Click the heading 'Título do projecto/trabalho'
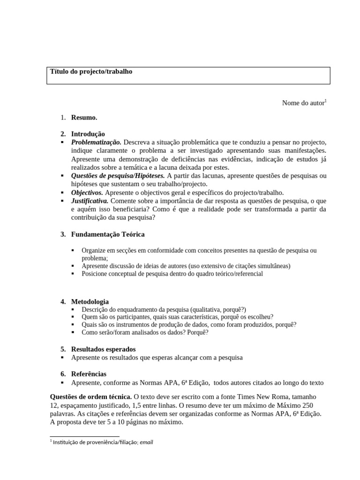click(x=91, y=72)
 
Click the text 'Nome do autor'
click(x=303, y=103)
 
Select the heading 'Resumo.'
click(x=84, y=118)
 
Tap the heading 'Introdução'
click(x=88, y=134)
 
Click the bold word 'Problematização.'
click(x=96, y=142)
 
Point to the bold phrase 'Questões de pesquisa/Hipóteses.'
click(x=118, y=176)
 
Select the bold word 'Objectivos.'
click(x=87, y=193)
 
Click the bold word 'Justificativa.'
click(x=90, y=201)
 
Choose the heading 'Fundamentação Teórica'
click(x=108, y=234)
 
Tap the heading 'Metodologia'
click(x=90, y=301)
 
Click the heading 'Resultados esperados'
click(x=103, y=349)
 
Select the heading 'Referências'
click(x=89, y=374)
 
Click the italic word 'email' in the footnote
click(x=147, y=442)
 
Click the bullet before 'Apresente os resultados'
click(x=63, y=358)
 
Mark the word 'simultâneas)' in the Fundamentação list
click(x=273, y=266)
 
